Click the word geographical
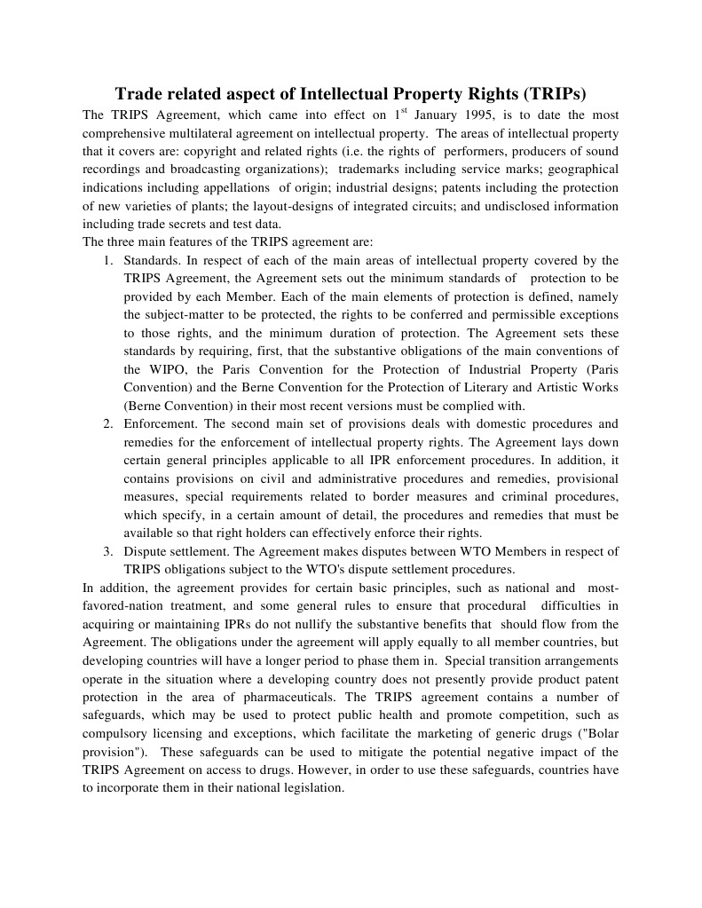(x=580, y=170)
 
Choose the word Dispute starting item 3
(x=145, y=551)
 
